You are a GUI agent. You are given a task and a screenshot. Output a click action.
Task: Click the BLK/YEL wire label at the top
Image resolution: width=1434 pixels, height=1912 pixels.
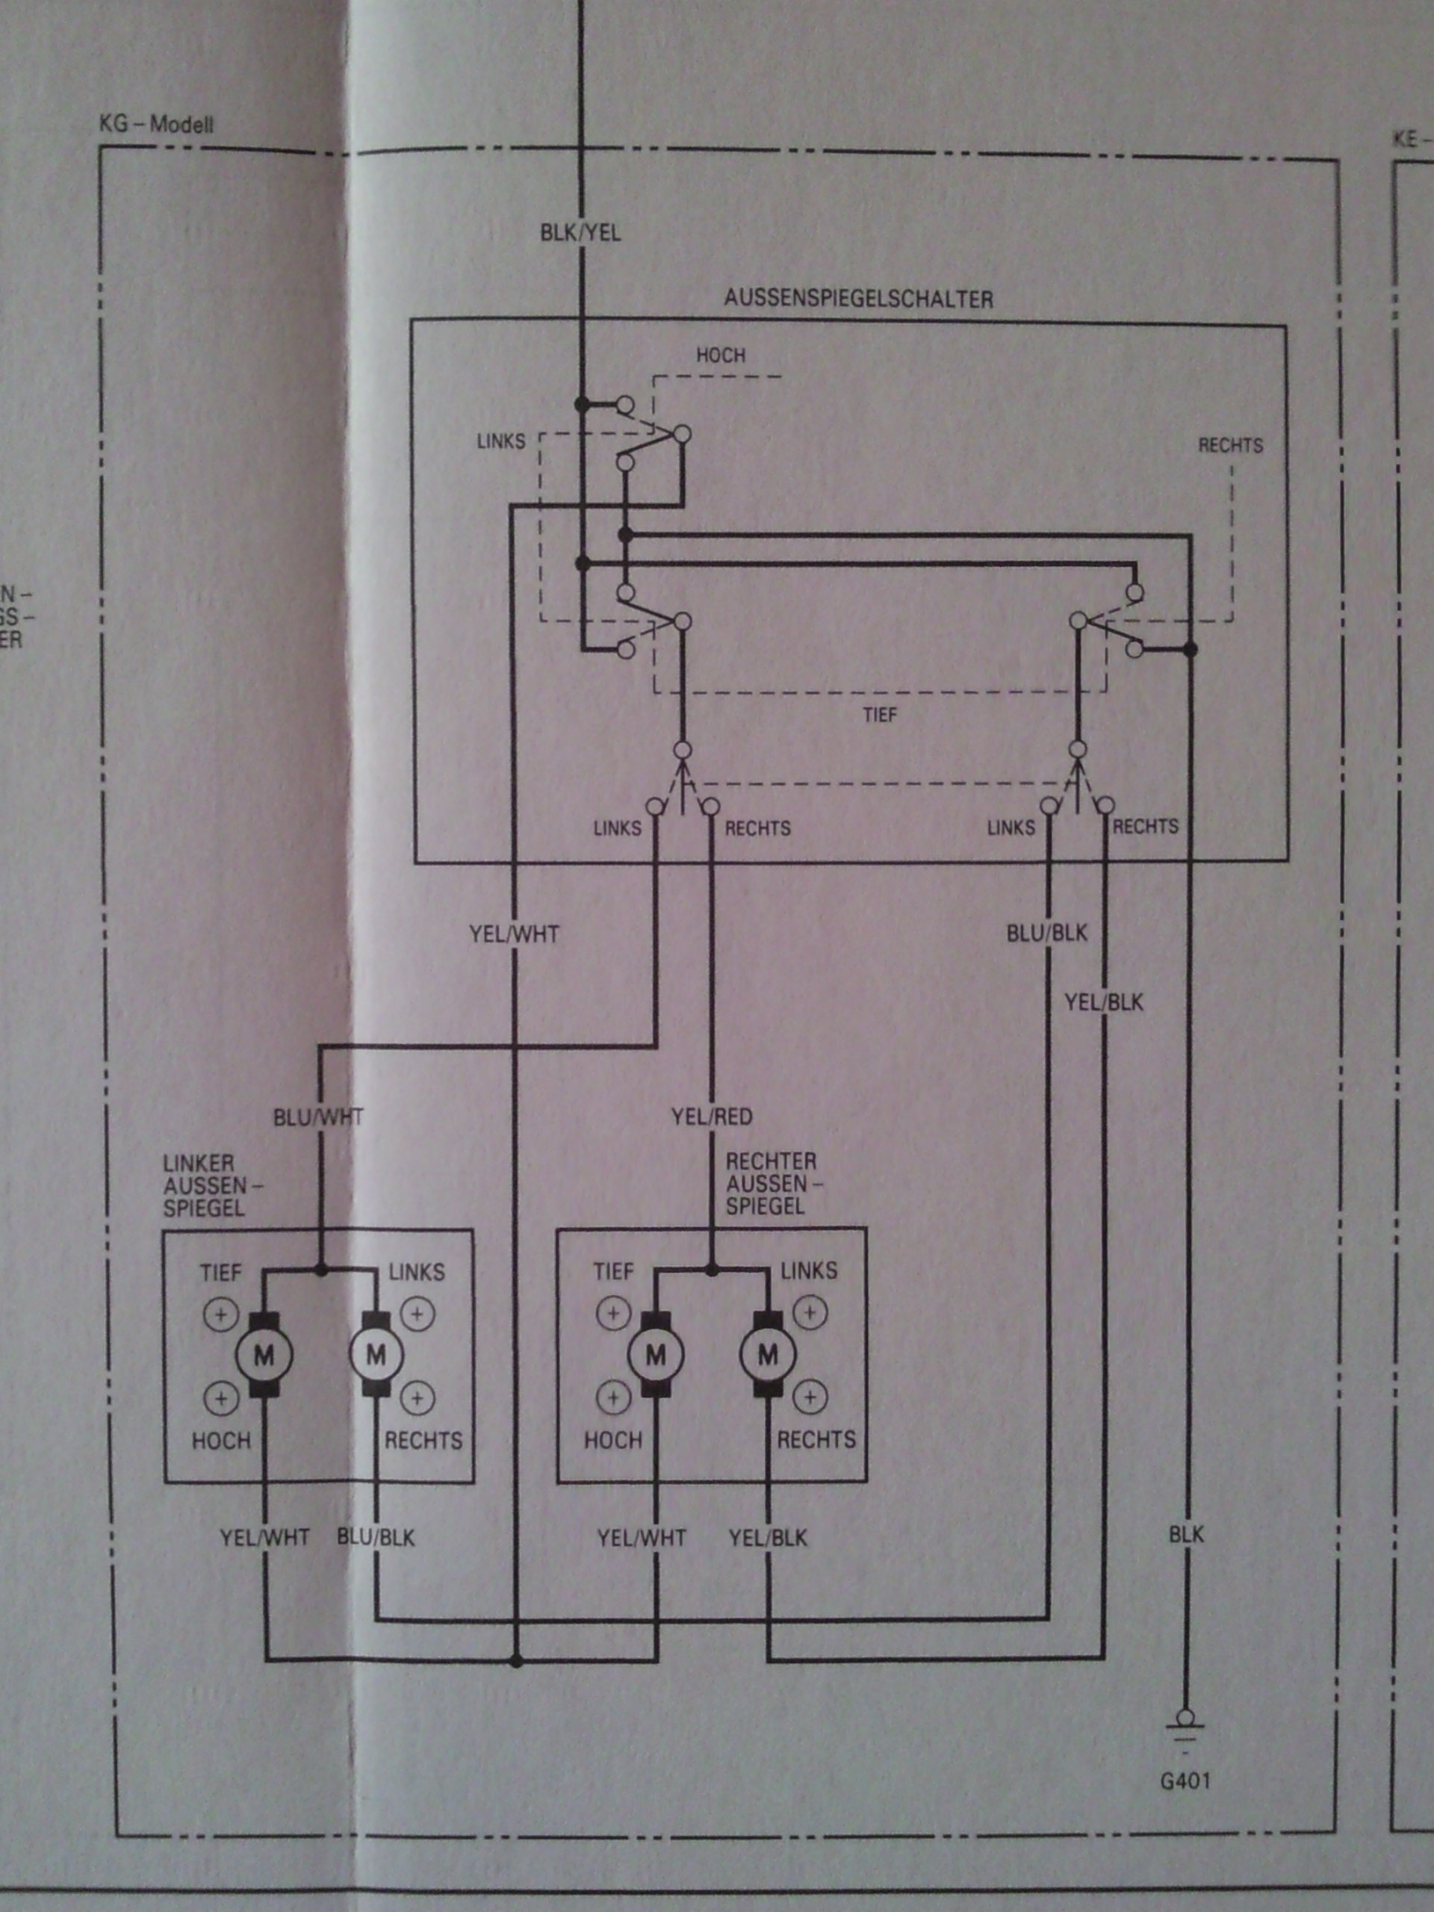point(580,232)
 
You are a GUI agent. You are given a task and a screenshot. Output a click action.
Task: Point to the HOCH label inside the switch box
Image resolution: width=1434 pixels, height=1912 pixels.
point(720,356)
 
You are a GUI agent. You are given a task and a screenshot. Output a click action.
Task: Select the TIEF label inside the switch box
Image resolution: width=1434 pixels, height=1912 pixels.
point(880,715)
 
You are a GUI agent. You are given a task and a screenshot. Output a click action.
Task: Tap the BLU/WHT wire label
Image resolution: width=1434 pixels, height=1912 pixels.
point(318,1117)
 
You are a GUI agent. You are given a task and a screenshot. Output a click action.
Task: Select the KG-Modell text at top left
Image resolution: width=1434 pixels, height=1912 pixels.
point(156,125)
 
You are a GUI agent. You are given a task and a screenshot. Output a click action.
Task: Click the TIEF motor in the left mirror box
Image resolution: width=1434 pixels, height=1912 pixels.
point(263,1356)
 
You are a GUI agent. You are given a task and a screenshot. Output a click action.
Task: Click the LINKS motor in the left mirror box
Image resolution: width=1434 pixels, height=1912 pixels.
point(376,1356)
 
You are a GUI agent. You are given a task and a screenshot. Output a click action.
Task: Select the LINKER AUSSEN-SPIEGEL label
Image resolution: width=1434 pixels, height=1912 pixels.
point(205,1186)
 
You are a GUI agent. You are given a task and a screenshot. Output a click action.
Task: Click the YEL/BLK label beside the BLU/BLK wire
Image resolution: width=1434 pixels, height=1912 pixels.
point(1104,1002)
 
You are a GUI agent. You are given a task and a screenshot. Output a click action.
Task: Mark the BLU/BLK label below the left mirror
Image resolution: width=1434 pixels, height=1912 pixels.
point(375,1538)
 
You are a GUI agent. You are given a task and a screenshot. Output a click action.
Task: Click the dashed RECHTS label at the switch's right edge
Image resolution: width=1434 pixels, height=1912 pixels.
point(1230,446)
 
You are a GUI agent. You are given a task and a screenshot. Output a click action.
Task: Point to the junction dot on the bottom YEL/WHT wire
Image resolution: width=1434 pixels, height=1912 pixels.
point(516,1660)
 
